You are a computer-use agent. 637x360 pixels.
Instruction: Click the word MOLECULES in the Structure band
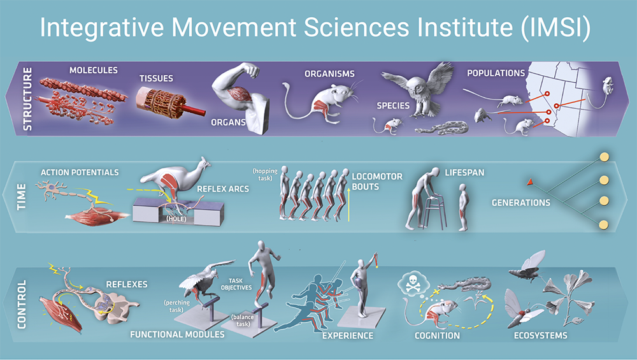coord(94,70)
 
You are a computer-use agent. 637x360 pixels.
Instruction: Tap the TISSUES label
coord(156,78)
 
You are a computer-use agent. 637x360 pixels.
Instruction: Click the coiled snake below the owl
coord(441,128)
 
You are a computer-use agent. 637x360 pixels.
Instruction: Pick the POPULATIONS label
coord(496,73)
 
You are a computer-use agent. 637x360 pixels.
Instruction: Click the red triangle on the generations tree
coord(530,182)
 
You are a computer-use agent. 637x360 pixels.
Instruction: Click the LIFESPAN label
coord(464,173)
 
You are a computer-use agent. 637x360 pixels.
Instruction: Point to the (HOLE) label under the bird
coord(176,219)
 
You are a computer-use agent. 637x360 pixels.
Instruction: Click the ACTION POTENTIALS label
coord(80,173)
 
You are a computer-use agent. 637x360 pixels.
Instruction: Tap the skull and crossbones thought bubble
coord(412,282)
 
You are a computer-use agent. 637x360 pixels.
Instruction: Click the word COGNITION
coord(437,336)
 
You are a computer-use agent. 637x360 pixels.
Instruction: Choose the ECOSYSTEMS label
coord(540,336)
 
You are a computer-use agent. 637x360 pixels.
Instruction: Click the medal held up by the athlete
coord(376,265)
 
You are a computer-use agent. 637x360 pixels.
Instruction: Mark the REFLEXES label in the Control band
coord(127,284)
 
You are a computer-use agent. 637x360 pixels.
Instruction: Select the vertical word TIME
coord(21,197)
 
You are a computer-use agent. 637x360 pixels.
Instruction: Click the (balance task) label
coord(243,320)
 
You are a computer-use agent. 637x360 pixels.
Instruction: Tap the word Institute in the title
coord(461,27)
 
